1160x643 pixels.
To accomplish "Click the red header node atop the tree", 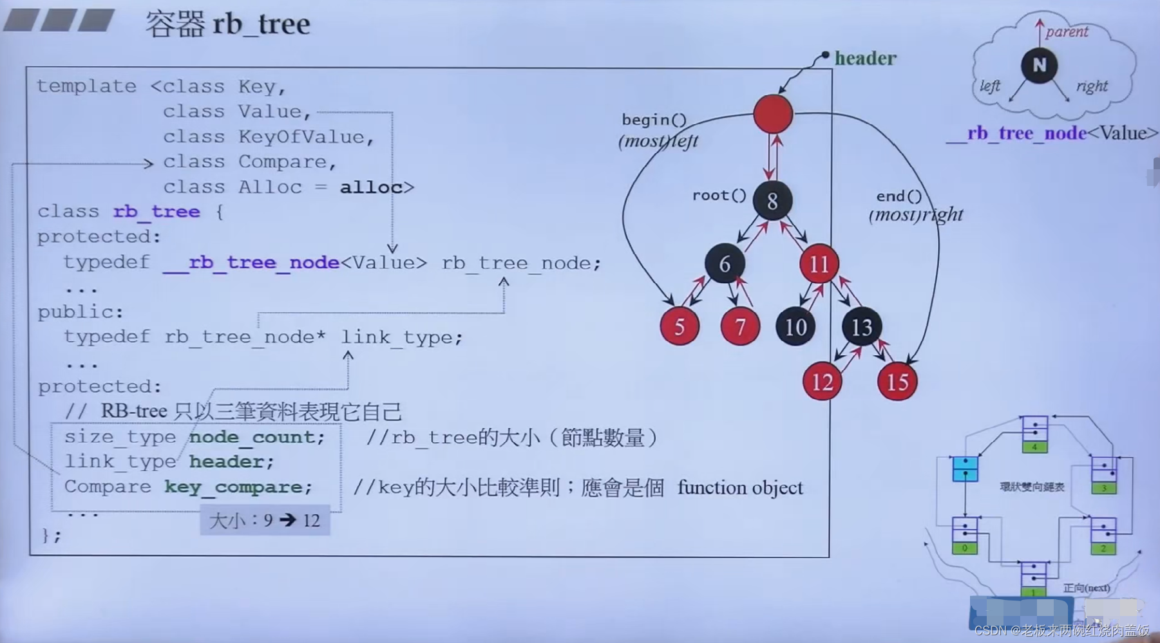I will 772,114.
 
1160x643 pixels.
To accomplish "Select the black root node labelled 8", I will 772,201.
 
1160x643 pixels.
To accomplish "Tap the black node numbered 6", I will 725,263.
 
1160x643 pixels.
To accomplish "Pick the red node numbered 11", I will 819,263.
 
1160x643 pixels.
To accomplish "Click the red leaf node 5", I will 679,326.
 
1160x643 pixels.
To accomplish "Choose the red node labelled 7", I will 740,326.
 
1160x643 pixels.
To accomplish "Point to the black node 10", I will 795,326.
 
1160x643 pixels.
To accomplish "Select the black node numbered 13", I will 862,326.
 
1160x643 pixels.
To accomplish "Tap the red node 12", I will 822,382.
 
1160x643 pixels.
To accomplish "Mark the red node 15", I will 897,382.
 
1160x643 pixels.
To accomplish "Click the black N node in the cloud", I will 1039,65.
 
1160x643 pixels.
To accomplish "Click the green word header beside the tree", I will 865,59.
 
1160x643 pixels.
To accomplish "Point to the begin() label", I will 654,120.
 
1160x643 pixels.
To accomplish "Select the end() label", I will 899,196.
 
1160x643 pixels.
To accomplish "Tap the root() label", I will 719,195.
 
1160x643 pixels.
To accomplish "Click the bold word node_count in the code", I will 256,437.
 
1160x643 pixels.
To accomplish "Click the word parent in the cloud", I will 1067,32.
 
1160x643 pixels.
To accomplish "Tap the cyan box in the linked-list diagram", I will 965,469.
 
